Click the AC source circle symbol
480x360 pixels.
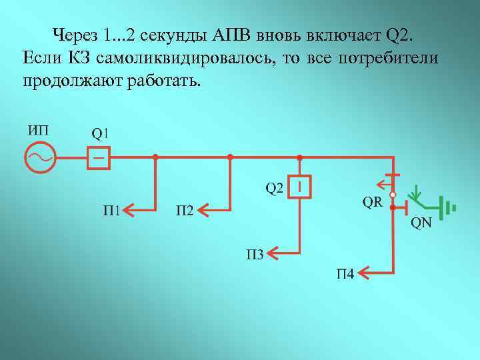(39, 158)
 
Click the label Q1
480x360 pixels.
(99, 133)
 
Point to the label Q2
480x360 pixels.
(275, 189)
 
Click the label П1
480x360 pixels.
(112, 211)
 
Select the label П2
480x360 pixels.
(185, 211)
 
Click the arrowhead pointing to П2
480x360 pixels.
(205, 211)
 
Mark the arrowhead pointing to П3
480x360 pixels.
(275, 251)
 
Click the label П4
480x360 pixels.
(345, 273)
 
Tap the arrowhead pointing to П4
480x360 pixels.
(364, 272)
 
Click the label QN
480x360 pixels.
(421, 223)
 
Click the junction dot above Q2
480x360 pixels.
(300, 157)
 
